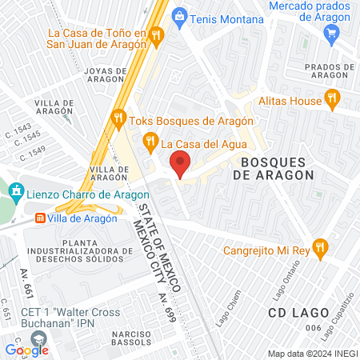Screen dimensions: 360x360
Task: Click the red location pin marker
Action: click(x=181, y=164)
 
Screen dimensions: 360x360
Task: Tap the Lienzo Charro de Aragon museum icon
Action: click(x=16, y=191)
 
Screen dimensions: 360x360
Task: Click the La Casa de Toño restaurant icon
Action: click(x=156, y=34)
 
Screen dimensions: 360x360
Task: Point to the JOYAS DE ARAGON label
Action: click(x=104, y=76)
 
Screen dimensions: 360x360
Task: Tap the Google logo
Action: click(x=26, y=350)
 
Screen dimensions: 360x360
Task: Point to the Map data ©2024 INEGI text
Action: click(x=312, y=354)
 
